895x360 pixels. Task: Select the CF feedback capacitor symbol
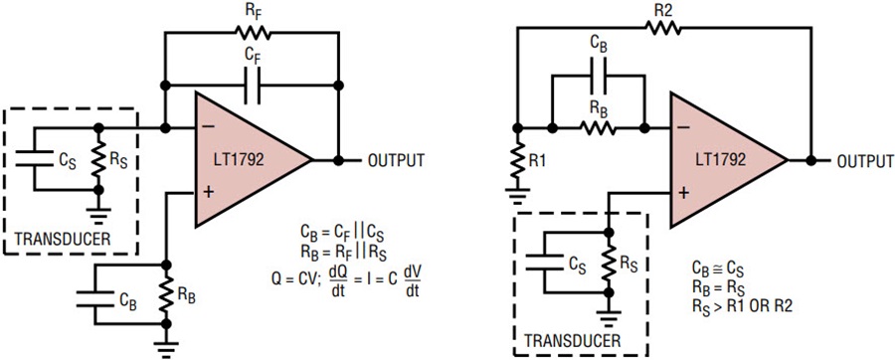point(255,87)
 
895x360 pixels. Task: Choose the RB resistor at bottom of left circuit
point(164,296)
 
